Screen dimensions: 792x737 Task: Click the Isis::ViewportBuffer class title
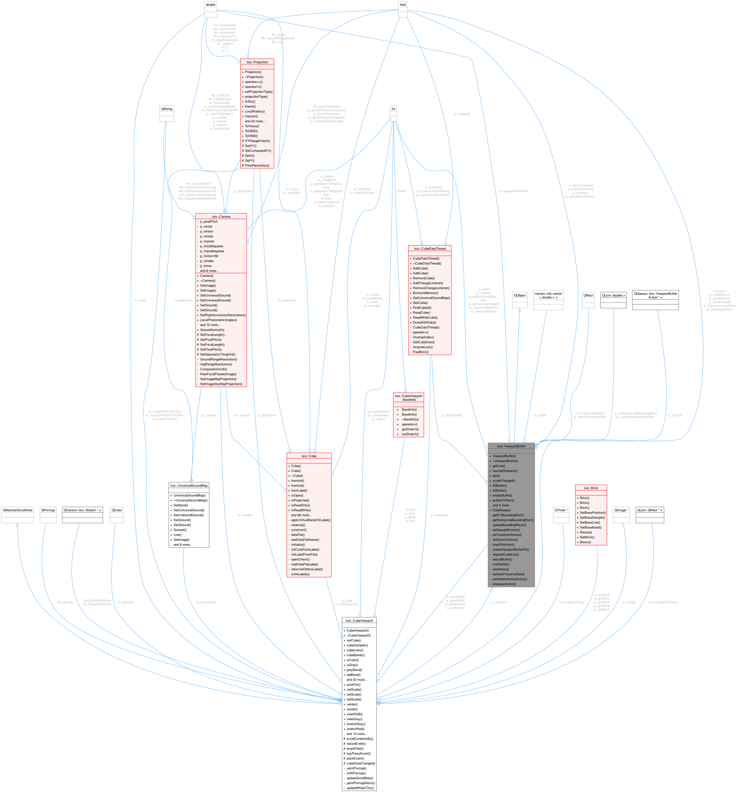(x=511, y=446)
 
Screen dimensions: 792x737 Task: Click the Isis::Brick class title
(x=591, y=488)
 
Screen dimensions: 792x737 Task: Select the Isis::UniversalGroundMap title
(x=189, y=486)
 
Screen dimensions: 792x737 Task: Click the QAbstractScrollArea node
(x=17, y=510)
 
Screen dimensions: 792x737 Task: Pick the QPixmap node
(x=48, y=510)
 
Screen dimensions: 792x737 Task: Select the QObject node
(x=519, y=295)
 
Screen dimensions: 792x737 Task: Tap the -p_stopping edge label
(x=461, y=114)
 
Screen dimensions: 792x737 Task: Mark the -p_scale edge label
(x=140, y=300)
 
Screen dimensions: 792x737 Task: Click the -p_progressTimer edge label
(x=571, y=602)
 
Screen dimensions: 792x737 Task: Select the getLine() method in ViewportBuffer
(x=498, y=466)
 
